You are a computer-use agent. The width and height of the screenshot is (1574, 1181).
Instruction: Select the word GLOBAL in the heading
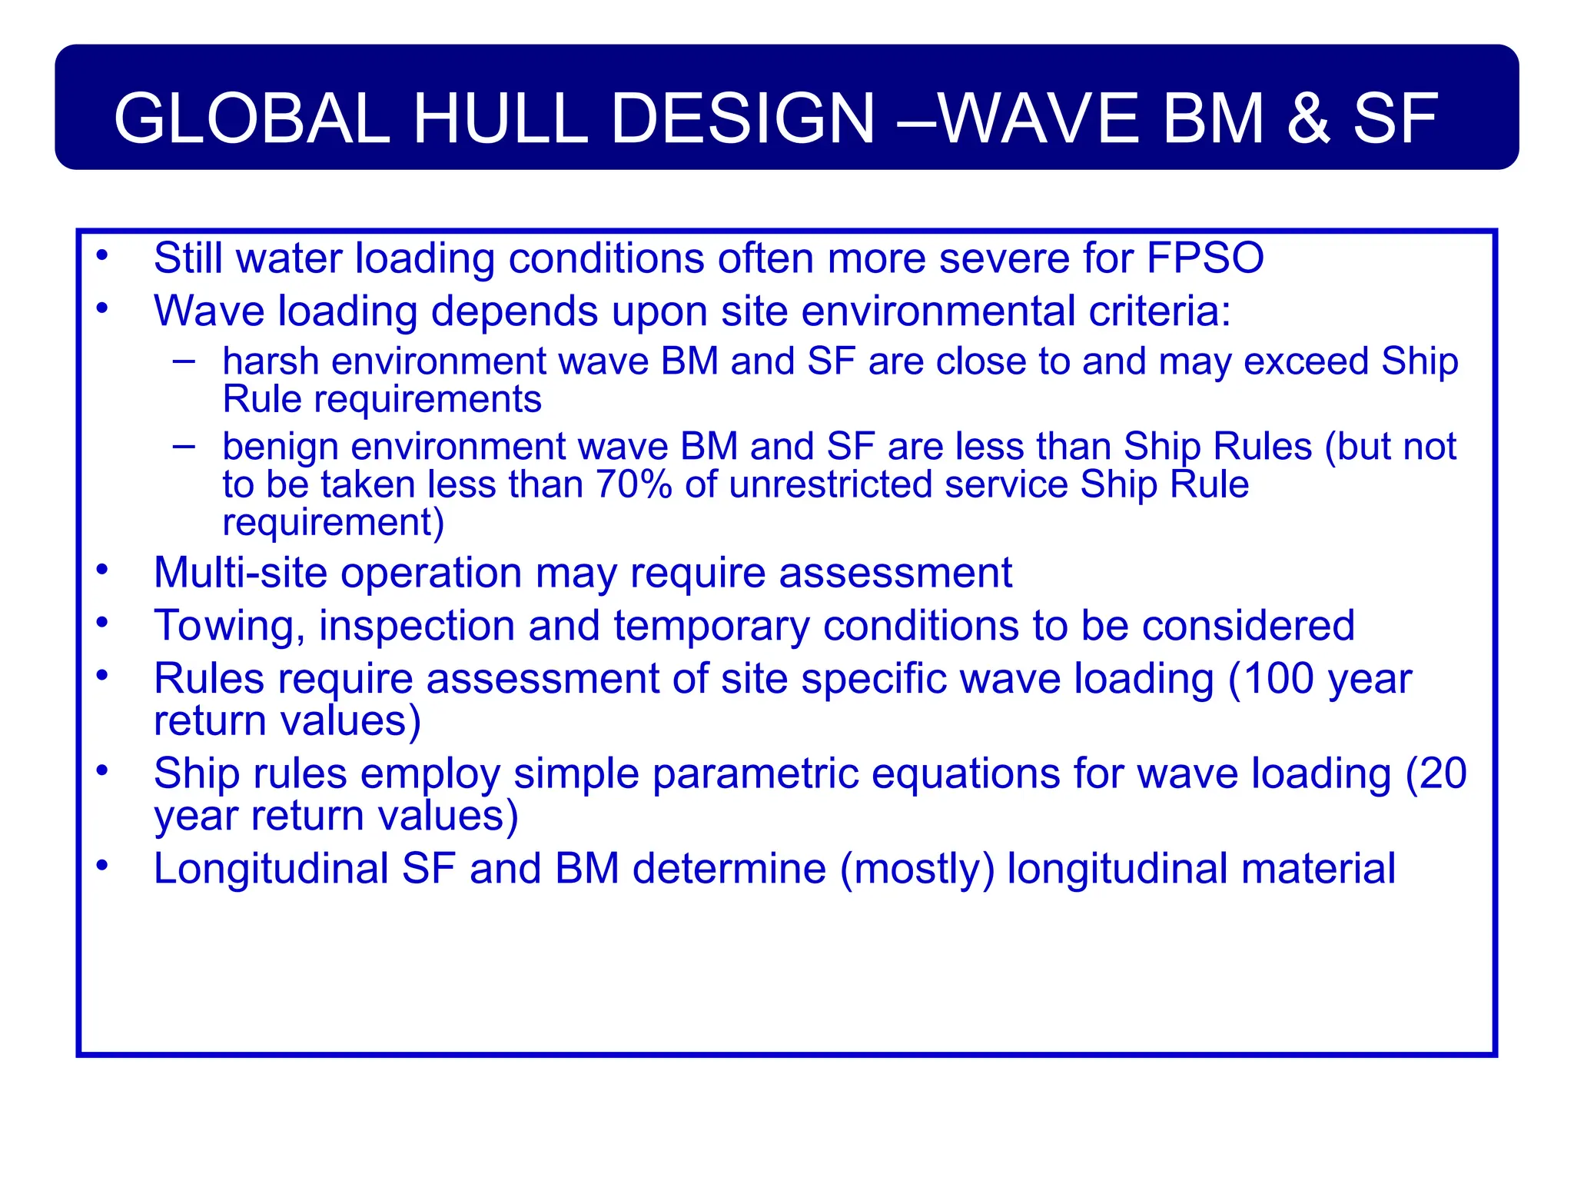click(252, 118)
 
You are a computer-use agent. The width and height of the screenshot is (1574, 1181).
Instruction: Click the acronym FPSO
click(1204, 258)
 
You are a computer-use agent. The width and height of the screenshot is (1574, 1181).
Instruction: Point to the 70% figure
click(633, 484)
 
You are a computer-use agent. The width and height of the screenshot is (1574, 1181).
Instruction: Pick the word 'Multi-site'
click(241, 574)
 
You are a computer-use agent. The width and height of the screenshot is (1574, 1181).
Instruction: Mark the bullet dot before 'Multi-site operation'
click(102, 571)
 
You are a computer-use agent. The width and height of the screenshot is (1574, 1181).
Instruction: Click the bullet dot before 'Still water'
click(102, 255)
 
